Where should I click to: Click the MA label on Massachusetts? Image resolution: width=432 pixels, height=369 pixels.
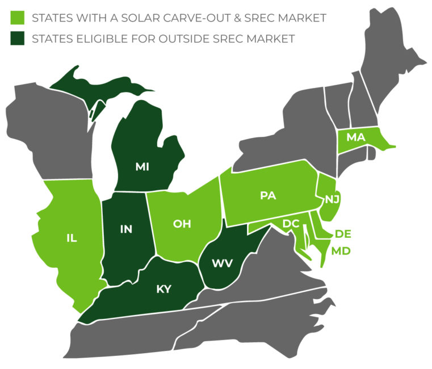[355, 137]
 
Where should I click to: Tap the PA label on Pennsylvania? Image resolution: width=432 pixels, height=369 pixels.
[267, 195]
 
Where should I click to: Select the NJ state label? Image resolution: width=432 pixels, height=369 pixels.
[332, 199]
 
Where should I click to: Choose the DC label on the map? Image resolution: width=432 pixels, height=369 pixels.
[291, 224]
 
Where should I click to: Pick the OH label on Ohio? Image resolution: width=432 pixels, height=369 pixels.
[182, 224]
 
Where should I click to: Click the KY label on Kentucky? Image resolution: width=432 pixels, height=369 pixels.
[163, 289]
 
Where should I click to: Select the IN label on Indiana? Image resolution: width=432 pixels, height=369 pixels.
[125, 229]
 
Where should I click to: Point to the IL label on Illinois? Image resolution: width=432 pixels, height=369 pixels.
[72, 238]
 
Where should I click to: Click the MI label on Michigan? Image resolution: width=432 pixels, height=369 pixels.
[142, 166]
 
